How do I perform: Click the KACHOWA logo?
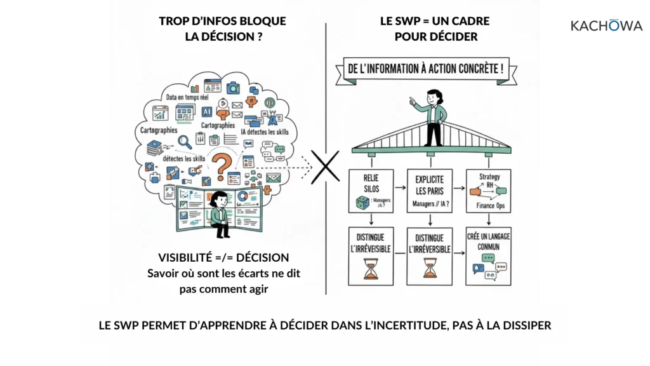(x=606, y=25)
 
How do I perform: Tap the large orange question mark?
(x=222, y=167)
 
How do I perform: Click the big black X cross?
(x=326, y=167)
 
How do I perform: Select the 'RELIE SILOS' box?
(x=371, y=191)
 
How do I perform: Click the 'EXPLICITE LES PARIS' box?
(x=430, y=191)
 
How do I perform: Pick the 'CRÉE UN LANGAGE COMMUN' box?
(x=488, y=256)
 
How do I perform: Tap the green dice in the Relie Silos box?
(x=362, y=203)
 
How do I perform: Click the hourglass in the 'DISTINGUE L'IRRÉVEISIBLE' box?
(x=371, y=269)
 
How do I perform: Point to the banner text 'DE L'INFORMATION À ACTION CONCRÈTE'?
(x=426, y=69)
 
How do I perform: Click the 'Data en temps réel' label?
(x=187, y=97)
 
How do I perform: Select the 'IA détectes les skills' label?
(x=265, y=132)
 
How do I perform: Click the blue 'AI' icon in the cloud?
(x=207, y=112)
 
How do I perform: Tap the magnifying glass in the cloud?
(x=185, y=142)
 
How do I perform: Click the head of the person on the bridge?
(x=434, y=97)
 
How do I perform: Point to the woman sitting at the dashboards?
(x=219, y=214)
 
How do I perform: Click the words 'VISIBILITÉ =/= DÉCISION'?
(x=223, y=258)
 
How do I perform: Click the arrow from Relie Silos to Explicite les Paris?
(x=401, y=187)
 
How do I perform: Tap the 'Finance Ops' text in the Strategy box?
(x=491, y=205)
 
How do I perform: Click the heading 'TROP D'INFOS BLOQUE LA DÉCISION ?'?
(x=223, y=29)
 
